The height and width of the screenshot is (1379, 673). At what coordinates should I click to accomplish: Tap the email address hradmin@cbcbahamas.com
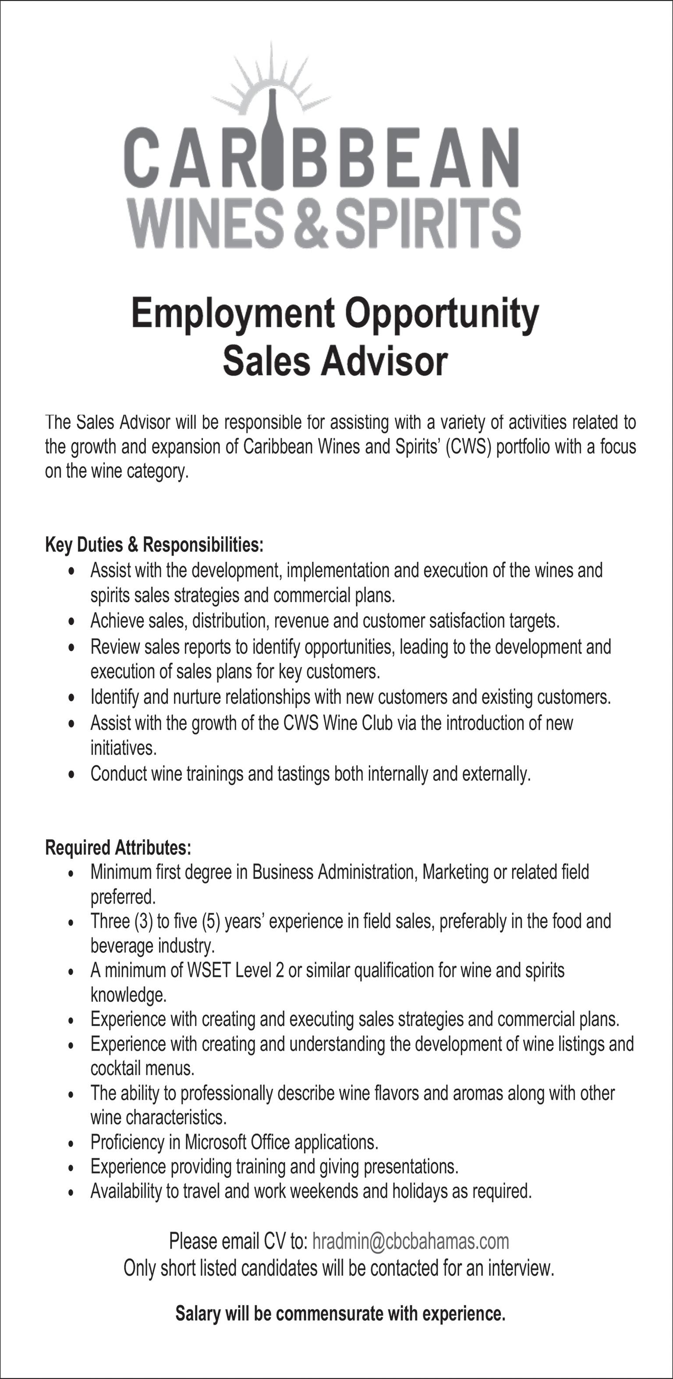pyautogui.click(x=411, y=1241)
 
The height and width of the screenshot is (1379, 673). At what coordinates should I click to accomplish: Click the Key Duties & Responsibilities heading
pyautogui.click(x=154, y=545)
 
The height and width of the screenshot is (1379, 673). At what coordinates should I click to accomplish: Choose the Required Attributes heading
pyautogui.click(x=118, y=848)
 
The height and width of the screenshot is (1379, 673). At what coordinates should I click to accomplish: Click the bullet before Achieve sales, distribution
pyautogui.click(x=72, y=622)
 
